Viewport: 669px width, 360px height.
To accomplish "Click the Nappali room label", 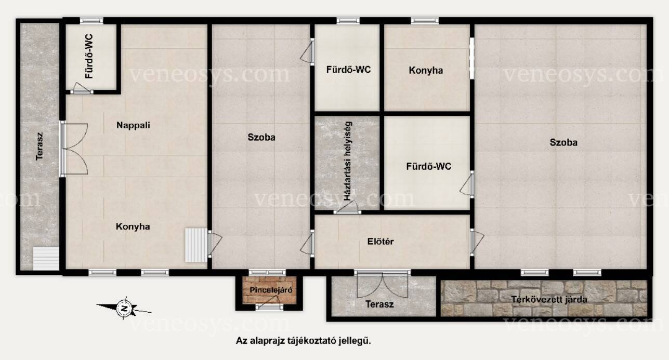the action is click(x=133, y=125).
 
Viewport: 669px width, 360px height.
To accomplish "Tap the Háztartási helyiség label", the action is click(x=348, y=161).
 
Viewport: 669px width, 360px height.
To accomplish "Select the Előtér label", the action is click(x=381, y=241).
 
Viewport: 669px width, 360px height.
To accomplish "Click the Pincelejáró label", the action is click(x=271, y=290).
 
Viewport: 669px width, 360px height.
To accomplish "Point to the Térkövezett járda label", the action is click(x=549, y=299).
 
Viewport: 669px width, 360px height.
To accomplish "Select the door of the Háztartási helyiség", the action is click(x=347, y=207).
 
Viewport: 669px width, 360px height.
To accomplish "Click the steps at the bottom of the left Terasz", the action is click(x=46, y=259).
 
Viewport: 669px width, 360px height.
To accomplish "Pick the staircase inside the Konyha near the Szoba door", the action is click(x=196, y=245).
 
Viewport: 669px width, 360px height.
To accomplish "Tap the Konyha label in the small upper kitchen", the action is click(x=426, y=71).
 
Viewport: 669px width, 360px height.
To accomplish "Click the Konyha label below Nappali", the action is click(x=133, y=226).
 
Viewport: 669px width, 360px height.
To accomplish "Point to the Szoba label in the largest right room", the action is click(x=563, y=142).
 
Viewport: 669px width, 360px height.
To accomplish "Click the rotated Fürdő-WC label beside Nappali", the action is click(x=89, y=57).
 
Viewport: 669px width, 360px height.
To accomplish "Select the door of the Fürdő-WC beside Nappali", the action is click(x=81, y=88).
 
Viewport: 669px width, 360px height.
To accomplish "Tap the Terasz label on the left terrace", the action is click(x=39, y=146).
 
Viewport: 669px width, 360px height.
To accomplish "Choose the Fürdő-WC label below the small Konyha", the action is click(x=428, y=166).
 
